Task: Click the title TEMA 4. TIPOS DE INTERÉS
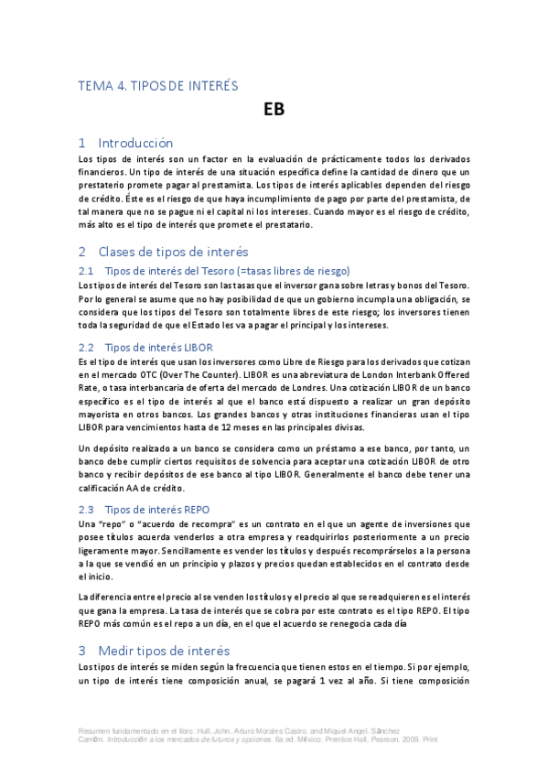pyautogui.click(x=158, y=86)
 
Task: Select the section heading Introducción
pyautogui.click(x=134, y=143)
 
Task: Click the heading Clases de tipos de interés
pyautogui.click(x=172, y=252)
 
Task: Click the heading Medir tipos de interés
pyautogui.click(x=167, y=650)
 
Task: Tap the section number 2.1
pyautogui.click(x=87, y=270)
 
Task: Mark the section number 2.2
pyautogui.click(x=87, y=347)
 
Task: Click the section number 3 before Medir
pyautogui.click(x=81, y=650)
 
